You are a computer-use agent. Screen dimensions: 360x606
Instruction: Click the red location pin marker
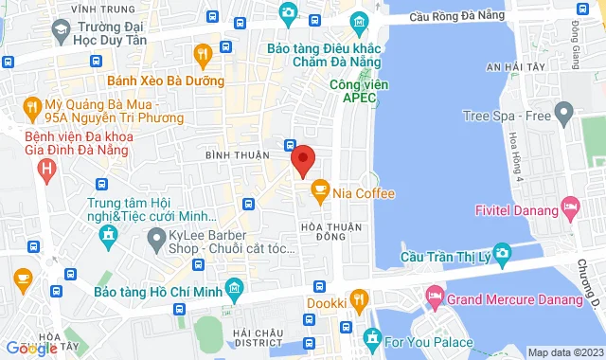(302, 161)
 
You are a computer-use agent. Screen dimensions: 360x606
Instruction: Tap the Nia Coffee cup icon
(320, 192)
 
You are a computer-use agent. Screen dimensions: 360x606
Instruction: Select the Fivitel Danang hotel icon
(570, 206)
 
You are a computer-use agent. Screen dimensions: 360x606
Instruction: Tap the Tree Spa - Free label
(508, 116)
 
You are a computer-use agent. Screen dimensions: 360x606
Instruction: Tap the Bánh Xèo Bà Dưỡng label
(167, 81)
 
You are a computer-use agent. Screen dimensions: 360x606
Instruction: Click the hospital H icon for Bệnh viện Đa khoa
(45, 170)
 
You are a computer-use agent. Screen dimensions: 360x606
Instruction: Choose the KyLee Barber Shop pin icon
(154, 243)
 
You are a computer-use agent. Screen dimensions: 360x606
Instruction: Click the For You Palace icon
(372, 338)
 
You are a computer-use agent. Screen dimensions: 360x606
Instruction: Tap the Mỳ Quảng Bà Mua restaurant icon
(31, 106)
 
